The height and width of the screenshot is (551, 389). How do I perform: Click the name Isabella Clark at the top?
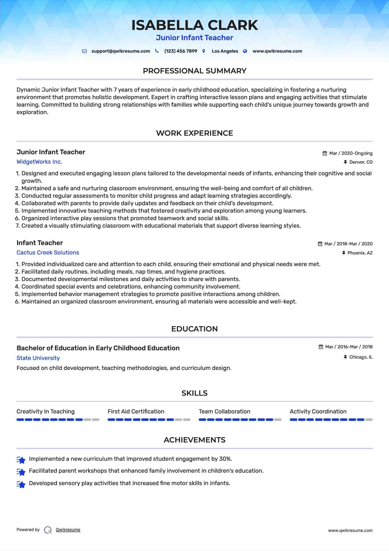[x=194, y=25]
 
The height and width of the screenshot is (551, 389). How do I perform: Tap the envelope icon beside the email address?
[x=84, y=51]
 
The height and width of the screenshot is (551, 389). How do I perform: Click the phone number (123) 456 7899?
[x=181, y=51]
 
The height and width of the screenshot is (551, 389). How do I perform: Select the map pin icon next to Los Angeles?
[x=204, y=51]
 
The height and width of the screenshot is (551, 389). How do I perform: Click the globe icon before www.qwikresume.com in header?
[x=245, y=51]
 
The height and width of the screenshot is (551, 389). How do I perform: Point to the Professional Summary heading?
[x=194, y=71]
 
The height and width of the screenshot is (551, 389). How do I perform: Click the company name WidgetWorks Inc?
[x=39, y=162]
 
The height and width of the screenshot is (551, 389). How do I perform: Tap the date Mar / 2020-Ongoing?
[x=351, y=153]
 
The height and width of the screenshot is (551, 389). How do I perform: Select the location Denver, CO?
[x=361, y=162]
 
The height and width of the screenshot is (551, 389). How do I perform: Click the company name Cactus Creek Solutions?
[x=48, y=253]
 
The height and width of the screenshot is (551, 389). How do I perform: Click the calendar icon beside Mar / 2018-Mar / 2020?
[x=320, y=244]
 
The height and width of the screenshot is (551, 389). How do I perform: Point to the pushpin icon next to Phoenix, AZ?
[x=344, y=253]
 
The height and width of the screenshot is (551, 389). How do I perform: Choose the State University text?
[x=38, y=358]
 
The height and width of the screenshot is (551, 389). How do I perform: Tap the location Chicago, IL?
[x=361, y=357]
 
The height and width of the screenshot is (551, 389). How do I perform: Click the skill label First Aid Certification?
[x=136, y=411]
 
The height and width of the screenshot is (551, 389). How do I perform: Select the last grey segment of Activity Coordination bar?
[x=369, y=420]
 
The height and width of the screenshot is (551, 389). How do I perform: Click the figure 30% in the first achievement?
[x=225, y=459]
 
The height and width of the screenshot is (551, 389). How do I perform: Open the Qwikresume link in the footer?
[x=68, y=530]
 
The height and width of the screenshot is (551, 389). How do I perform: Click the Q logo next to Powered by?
[x=48, y=530]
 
